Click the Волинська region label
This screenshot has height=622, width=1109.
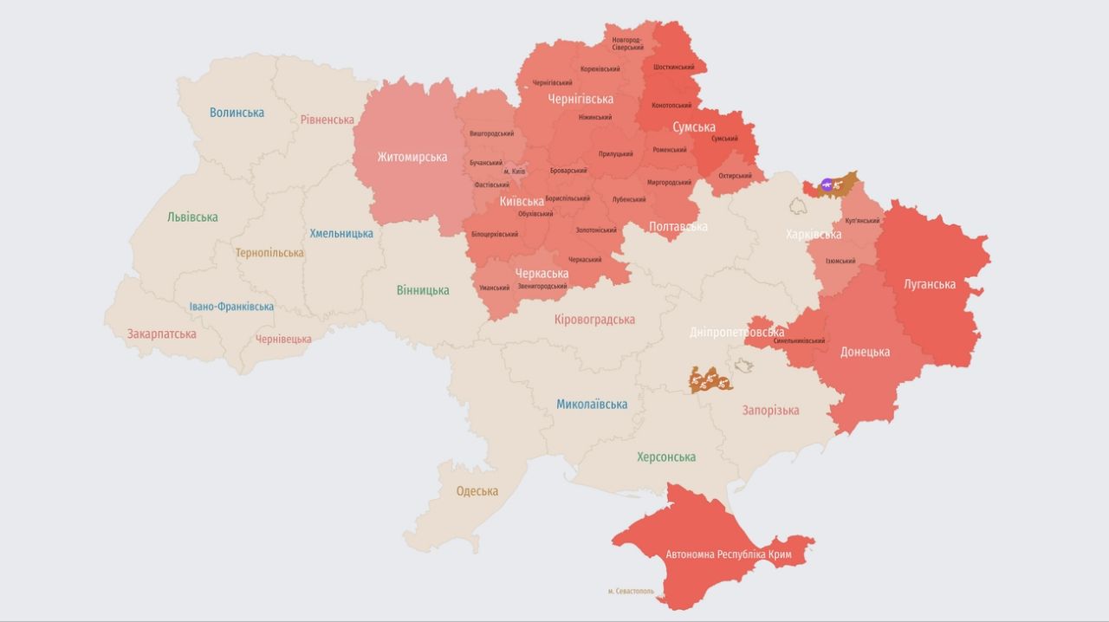[x=237, y=113]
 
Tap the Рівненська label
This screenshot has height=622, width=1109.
[x=327, y=120]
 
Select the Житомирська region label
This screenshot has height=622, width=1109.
[x=412, y=157]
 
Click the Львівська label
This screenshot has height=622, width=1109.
[x=192, y=217]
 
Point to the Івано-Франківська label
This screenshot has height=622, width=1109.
[x=231, y=307]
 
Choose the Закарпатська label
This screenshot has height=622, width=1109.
[x=161, y=334]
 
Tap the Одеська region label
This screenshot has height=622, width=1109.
[x=477, y=491]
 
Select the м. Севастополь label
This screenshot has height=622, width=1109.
[x=631, y=592]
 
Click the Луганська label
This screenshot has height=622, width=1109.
[x=929, y=284]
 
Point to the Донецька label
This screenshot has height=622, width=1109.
[x=865, y=352]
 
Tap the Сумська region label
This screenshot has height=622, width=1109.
[x=694, y=127]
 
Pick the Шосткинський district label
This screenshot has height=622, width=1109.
[x=674, y=67]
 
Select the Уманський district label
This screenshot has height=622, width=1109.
[x=494, y=288]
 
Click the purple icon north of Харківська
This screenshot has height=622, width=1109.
[x=827, y=184]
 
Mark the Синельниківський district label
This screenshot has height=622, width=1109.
[x=799, y=341]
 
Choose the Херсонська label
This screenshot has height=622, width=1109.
[x=665, y=457]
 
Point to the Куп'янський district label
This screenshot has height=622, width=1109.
[x=861, y=221]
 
